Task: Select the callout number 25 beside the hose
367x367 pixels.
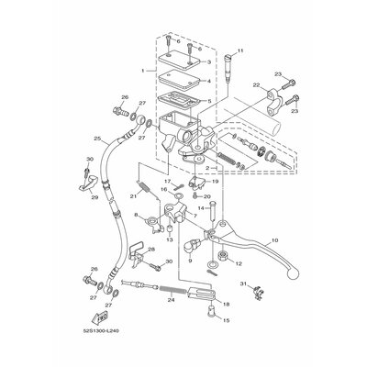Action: pyautogui.click(x=97, y=139)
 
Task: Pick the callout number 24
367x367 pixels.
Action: pyautogui.click(x=171, y=300)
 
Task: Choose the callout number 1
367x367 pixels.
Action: pyautogui.click(x=141, y=70)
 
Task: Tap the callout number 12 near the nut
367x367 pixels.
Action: pyautogui.click(x=239, y=263)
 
